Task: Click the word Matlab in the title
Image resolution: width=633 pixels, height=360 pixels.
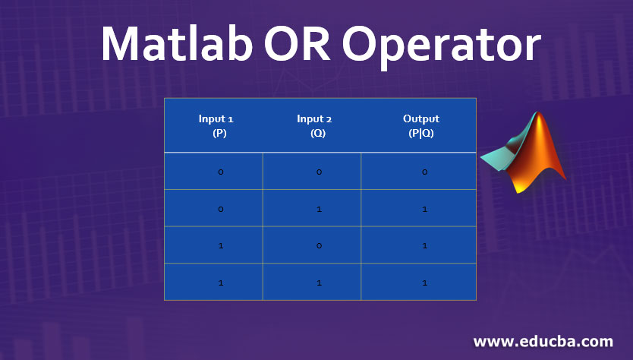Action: pos(177,44)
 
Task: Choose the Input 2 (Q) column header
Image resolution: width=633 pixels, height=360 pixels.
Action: pos(313,125)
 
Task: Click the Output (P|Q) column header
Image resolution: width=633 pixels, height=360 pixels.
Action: pos(420,125)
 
